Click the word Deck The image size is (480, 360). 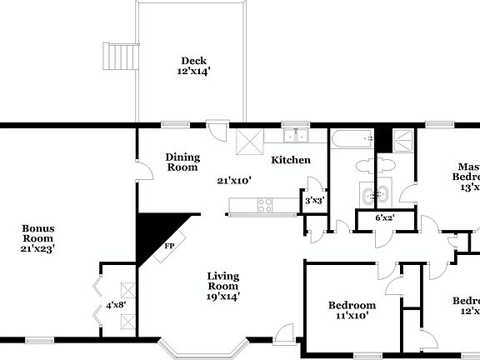click(193, 61)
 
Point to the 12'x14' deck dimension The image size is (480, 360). click(193, 72)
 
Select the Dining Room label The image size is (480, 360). click(182, 162)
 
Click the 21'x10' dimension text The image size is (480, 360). click(234, 180)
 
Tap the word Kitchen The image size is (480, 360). click(290, 160)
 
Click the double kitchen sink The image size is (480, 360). click(295, 137)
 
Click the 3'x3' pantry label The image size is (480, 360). click(313, 201)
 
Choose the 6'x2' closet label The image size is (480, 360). click(385, 218)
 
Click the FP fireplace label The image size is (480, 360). click(169, 247)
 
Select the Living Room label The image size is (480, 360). click(222, 282)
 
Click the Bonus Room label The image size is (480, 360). click(38, 233)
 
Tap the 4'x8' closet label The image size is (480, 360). click(114, 305)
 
